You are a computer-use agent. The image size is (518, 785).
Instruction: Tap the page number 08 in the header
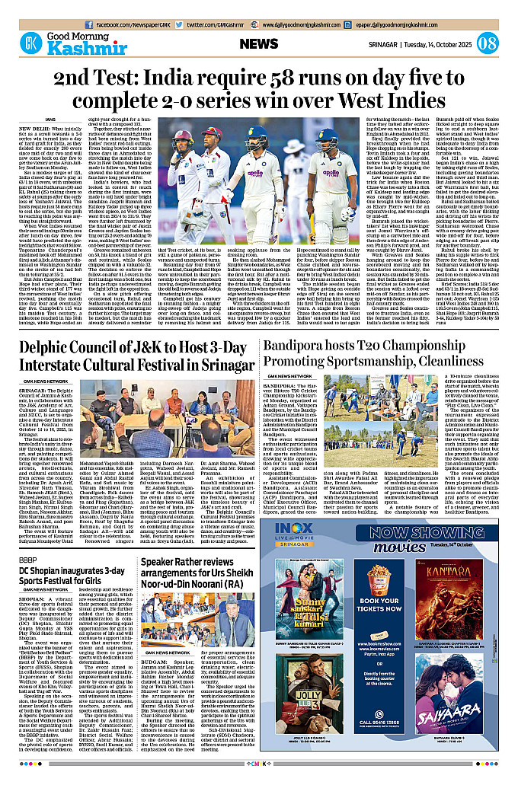(488, 43)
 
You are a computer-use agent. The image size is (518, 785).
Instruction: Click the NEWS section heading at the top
(259, 44)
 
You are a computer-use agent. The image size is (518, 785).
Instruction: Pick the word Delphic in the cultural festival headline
(53, 349)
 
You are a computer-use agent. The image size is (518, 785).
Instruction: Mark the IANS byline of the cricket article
(50, 119)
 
